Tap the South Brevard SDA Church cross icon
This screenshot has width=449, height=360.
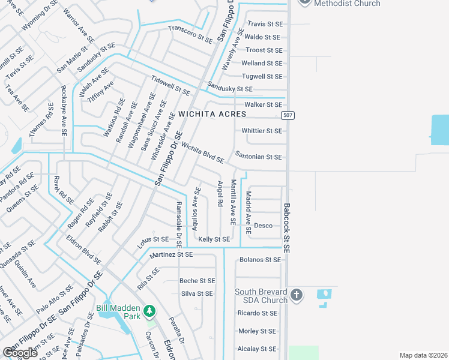(296, 295)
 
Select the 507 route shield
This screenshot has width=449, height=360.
(289, 115)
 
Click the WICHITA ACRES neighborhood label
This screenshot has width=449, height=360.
(212, 114)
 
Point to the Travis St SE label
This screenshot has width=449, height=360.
(265, 24)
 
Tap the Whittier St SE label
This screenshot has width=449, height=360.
(261, 131)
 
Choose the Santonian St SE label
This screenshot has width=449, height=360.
(259, 157)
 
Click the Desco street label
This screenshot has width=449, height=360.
(263, 226)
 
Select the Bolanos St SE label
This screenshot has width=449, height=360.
(260, 260)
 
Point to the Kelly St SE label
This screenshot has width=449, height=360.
(214, 239)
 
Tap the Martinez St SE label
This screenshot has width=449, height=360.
(172, 254)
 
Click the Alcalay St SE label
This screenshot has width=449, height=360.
(257, 349)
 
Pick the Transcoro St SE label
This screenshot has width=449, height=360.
(190, 35)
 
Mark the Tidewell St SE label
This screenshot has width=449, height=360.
(170, 86)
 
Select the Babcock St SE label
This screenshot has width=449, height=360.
(287, 227)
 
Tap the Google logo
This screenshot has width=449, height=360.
(20, 352)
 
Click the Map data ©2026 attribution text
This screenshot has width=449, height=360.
(423, 355)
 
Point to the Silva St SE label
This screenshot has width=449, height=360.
(197, 294)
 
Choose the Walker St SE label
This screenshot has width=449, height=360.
(262, 104)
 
